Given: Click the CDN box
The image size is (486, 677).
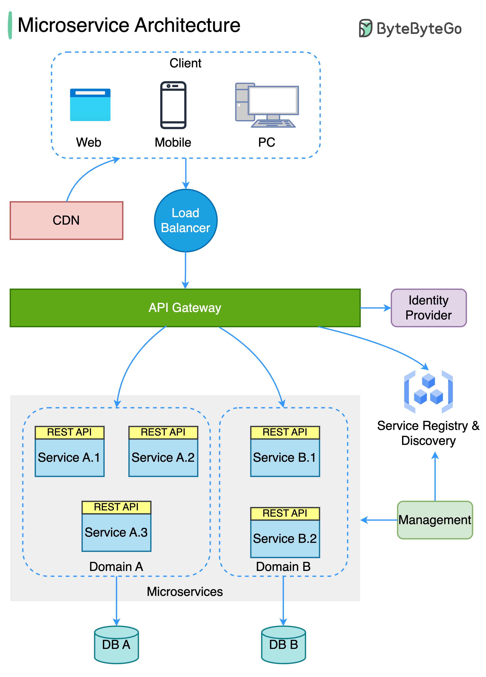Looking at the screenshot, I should click(66, 220).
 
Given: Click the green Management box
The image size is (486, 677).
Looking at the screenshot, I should click(435, 520).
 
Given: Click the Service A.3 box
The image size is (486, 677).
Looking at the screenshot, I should click(116, 532).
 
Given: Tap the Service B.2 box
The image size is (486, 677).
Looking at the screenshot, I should click(285, 538).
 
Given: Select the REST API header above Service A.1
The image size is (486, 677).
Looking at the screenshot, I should click(69, 432).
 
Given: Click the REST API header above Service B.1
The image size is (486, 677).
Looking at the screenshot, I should click(285, 432).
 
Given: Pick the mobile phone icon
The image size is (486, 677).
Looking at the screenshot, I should click(173, 105).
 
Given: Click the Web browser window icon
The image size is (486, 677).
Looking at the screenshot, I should click(90, 105).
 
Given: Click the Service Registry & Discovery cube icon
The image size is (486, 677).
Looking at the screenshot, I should click(428, 392).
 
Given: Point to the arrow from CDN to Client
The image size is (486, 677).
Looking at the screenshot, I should click(84, 173).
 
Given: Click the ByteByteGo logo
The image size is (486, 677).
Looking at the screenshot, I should click(410, 28).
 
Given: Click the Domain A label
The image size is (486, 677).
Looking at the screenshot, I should click(116, 566).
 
